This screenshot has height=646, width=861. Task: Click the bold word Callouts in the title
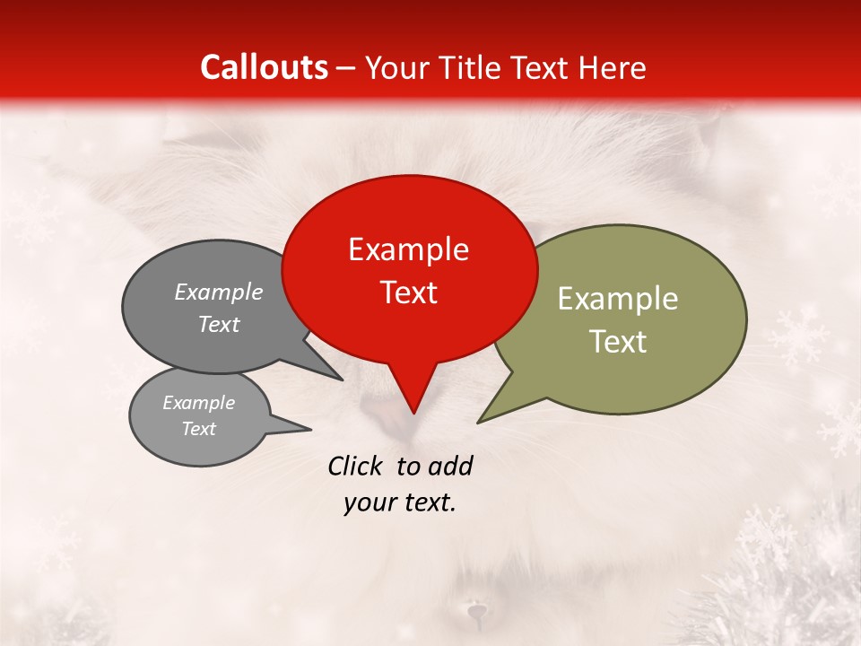click(264, 67)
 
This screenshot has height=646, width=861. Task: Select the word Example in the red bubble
click(408, 249)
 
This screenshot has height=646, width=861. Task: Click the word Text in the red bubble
click(408, 292)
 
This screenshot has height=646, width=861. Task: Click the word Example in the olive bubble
click(617, 299)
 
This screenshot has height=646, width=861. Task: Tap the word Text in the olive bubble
click(617, 342)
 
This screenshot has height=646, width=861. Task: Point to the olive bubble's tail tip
click(479, 422)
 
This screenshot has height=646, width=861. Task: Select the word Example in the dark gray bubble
click(218, 292)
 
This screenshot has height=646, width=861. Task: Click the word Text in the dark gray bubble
click(218, 325)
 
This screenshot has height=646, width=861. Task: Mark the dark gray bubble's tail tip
click(342, 380)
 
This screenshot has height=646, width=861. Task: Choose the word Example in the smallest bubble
click(198, 403)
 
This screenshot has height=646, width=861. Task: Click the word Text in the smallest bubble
click(198, 429)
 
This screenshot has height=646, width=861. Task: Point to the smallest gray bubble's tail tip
click(310, 429)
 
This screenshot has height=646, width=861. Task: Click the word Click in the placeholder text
click(356, 466)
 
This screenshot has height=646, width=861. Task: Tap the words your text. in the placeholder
click(399, 503)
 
